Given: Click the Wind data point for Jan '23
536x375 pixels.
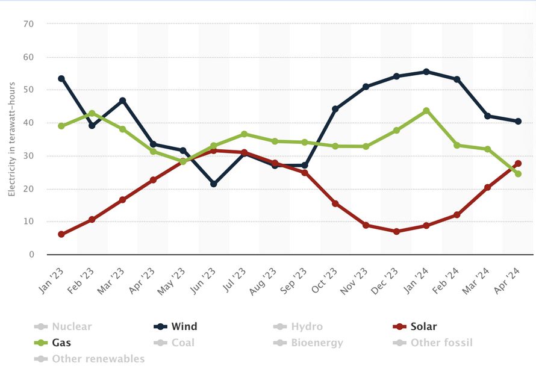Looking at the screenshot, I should click(61, 78).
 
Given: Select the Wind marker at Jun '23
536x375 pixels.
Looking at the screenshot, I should click(213, 184).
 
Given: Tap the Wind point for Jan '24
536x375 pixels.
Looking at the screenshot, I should click(426, 72).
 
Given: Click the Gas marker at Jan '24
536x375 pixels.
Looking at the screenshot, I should click(426, 111).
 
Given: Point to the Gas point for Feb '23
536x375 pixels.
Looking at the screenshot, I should click(92, 113).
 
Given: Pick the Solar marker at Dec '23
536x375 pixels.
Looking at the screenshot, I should click(396, 231).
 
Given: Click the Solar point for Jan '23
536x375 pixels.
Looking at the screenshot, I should click(61, 234).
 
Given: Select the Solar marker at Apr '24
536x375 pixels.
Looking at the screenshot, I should click(518, 163).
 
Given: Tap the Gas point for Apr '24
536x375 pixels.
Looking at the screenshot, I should click(518, 174).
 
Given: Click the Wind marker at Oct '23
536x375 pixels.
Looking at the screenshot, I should click(335, 109).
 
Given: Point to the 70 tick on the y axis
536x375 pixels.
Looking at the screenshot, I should click(28, 24).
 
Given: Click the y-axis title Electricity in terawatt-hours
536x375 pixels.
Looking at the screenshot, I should click(11, 139).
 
